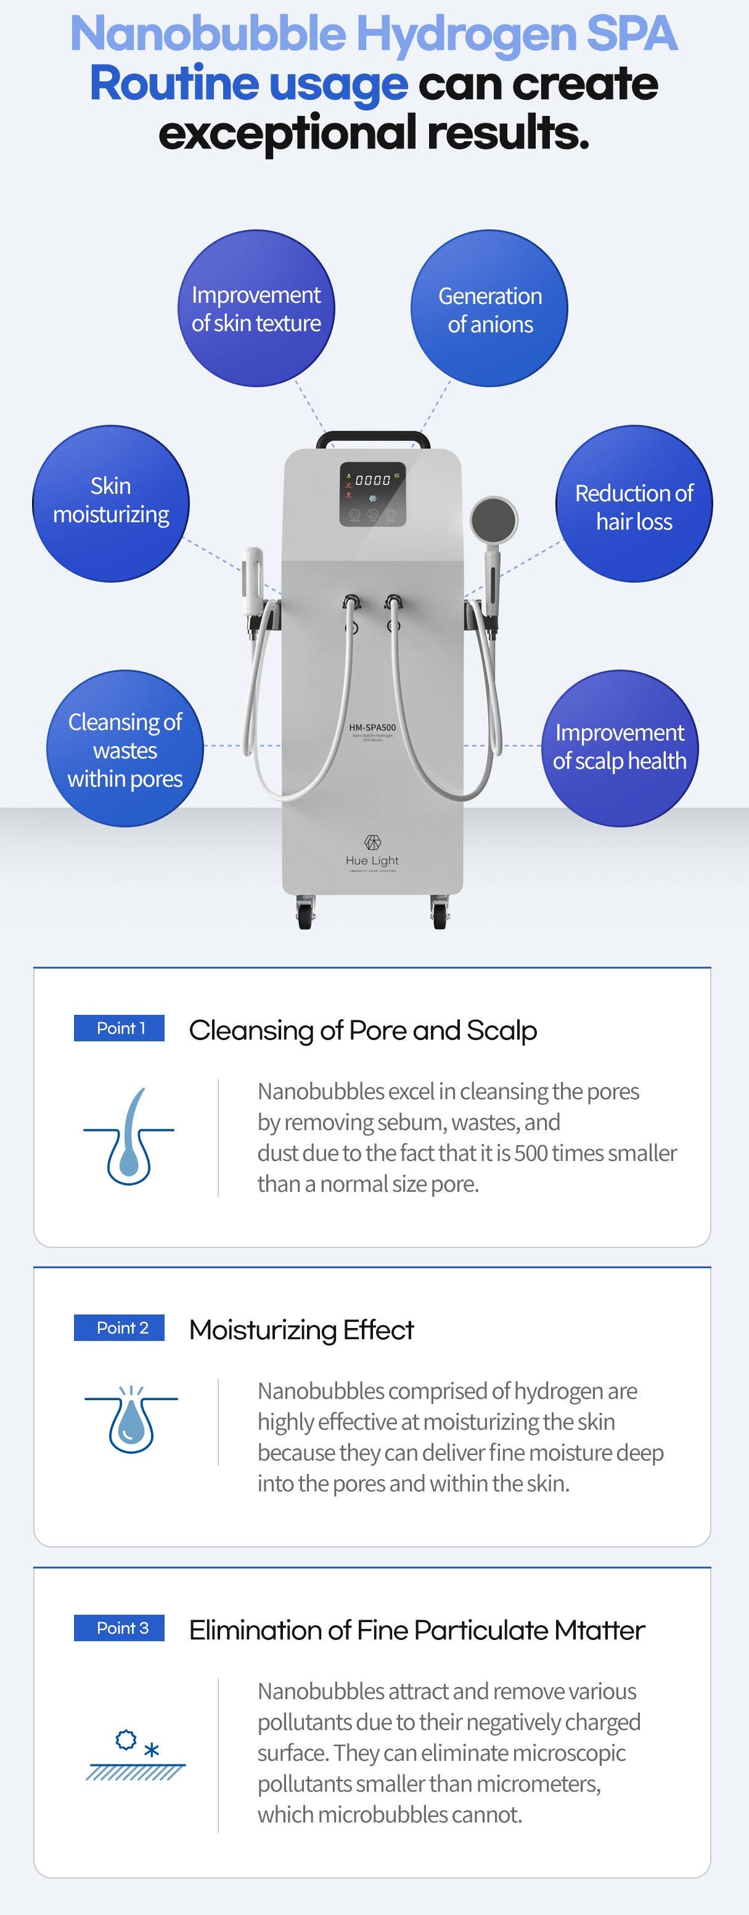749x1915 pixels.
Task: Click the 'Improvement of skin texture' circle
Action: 256,308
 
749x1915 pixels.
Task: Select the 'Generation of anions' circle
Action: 489,308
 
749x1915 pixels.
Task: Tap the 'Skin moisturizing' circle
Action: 111,503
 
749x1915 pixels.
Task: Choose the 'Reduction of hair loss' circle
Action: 634,503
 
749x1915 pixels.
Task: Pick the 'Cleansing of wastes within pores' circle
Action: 125,748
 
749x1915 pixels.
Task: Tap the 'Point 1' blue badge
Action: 119,1028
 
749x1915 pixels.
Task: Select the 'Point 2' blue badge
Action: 119,1327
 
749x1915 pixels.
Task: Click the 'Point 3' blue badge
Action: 119,1628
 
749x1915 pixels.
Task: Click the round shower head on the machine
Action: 493,518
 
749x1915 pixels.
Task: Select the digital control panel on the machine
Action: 373,494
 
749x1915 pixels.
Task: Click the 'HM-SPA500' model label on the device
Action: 372,728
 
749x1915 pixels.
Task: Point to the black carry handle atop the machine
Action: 373,438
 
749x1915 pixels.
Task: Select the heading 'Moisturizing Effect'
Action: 301,1329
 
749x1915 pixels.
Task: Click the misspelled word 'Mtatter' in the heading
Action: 599,1630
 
